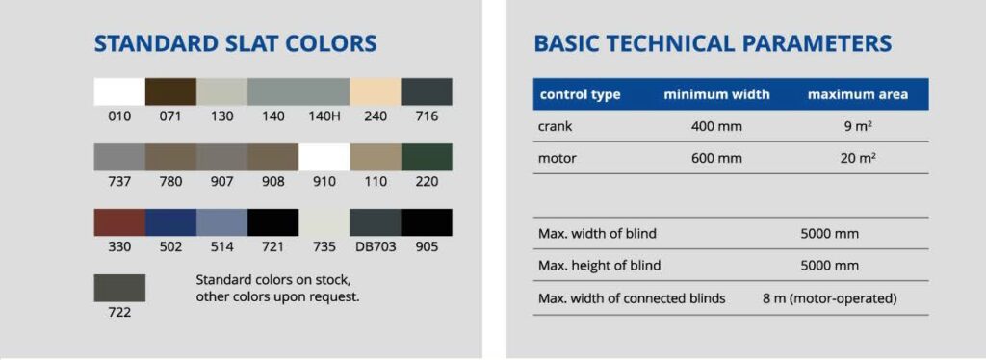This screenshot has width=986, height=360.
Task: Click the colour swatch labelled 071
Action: coord(170,91)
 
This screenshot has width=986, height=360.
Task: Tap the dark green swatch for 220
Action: coord(427,157)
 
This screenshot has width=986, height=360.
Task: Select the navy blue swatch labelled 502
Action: coord(170,222)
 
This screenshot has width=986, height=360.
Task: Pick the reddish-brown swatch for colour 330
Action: coord(119,222)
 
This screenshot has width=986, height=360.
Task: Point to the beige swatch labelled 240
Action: coord(376,91)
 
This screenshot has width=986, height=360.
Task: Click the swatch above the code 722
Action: coord(119,288)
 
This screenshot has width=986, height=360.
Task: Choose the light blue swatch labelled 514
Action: coord(222,222)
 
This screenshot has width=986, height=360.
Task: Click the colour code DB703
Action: coord(376,247)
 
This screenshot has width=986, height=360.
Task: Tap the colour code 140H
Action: coord(324,116)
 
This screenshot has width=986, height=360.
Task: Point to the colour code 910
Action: coord(324,182)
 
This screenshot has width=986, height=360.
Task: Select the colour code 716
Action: coord(427,116)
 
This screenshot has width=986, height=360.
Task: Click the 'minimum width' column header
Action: coord(716,95)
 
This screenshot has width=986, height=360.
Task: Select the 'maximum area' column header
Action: coord(858,95)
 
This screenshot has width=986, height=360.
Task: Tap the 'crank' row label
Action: coord(556,126)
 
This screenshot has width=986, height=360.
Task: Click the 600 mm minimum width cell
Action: coord(716,158)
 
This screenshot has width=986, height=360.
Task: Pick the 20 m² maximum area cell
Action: coord(858,158)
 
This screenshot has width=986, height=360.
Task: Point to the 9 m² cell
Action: coord(858,126)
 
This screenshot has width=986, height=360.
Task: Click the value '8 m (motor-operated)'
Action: coord(829,298)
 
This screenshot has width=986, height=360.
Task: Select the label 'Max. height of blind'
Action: coord(599,265)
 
